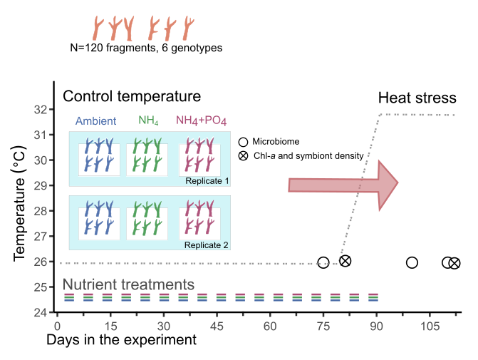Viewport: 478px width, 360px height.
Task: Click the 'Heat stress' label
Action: [x=417, y=98]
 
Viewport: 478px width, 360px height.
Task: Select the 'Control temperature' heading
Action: [x=132, y=96]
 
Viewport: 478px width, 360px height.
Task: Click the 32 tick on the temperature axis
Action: [x=41, y=110]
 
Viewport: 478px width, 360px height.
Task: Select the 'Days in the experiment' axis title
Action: [x=121, y=340]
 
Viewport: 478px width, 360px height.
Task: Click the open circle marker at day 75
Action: [x=323, y=263]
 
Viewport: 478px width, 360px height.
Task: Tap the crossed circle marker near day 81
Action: [x=345, y=261]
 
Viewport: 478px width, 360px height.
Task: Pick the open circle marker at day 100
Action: [x=412, y=262]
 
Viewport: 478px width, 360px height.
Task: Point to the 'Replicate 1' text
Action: [x=207, y=180]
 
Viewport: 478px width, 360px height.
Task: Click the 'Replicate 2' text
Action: [x=207, y=245]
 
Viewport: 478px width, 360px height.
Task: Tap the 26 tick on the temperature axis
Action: [x=41, y=262]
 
